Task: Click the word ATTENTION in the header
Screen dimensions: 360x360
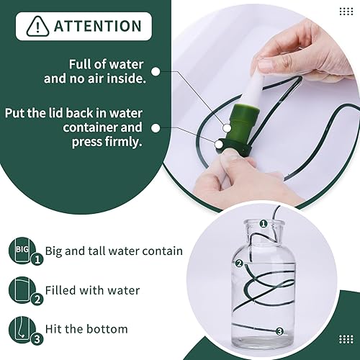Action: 97,27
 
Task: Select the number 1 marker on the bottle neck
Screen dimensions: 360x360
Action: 264,225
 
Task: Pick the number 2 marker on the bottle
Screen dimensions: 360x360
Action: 238,264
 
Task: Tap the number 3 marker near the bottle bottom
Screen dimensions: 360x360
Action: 279,330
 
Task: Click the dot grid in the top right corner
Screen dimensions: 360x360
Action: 346,11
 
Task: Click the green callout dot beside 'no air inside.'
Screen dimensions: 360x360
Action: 158,71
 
